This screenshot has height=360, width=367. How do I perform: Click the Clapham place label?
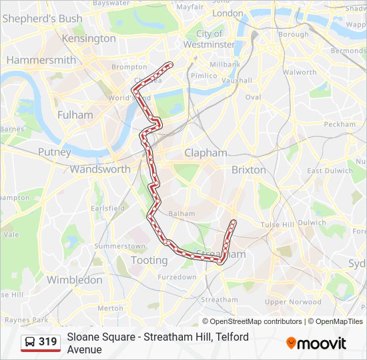tap(206, 153)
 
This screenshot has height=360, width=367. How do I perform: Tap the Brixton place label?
tap(248, 170)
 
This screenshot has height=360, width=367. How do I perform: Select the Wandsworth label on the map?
tap(100, 169)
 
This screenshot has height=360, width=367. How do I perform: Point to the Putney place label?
tap(54, 152)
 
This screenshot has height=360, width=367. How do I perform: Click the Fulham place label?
tap(75, 115)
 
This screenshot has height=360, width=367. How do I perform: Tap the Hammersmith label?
tap(41, 60)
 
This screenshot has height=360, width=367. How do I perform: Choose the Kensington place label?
tap(88, 39)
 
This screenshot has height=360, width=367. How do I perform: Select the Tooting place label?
tap(149, 261)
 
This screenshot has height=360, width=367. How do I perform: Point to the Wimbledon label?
tap(74, 280)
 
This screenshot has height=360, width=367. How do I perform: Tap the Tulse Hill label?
tap(277, 225)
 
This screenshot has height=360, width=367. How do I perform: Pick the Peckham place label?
tap(340, 124)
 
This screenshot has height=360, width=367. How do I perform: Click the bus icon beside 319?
tap(30, 342)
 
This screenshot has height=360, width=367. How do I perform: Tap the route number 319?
tap(48, 342)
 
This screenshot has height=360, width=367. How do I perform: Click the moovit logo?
tap(316, 343)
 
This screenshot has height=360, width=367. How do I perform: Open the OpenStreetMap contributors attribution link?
tap(256, 321)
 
